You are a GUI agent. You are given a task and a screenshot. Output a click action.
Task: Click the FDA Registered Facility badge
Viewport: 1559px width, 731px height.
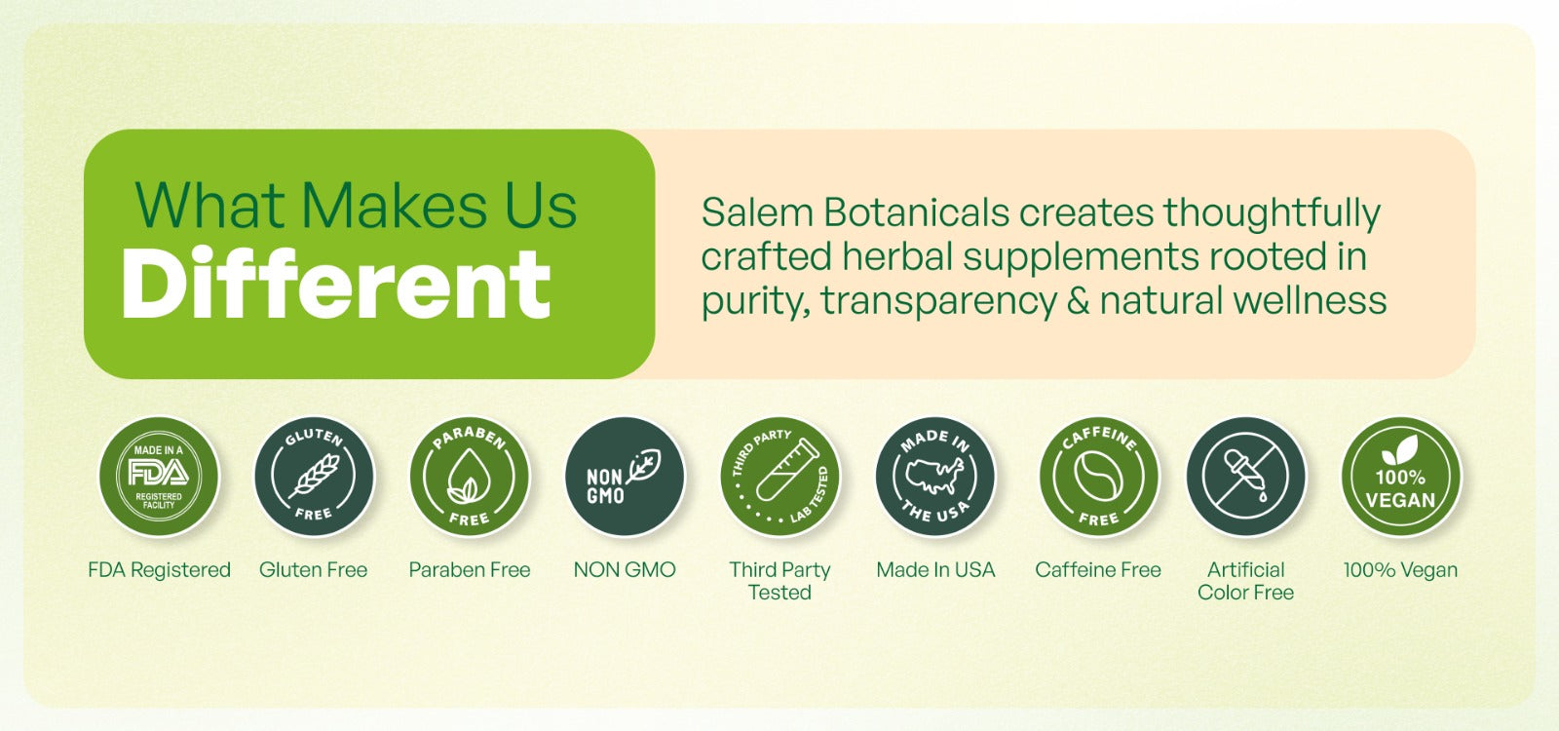coord(159,477)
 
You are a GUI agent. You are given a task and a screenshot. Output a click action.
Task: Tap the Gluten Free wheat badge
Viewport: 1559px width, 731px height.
coord(314,477)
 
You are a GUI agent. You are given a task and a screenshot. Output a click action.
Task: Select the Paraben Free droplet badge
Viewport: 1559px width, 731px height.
coord(469,477)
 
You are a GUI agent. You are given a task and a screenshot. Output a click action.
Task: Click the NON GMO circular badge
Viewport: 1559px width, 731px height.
coord(625,477)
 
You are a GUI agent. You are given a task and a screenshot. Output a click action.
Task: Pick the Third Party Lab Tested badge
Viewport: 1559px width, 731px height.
coord(779,477)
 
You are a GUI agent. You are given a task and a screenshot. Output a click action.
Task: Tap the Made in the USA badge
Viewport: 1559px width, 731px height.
coord(935,477)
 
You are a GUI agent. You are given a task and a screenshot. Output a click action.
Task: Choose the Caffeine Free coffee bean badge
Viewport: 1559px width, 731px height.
coord(1099,477)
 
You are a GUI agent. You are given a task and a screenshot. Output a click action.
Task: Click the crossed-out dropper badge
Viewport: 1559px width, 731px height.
coord(1246,477)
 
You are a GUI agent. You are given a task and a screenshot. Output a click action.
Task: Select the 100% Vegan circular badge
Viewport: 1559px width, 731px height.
coord(1401,477)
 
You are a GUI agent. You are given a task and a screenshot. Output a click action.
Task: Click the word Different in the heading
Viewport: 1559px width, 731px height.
coord(336,284)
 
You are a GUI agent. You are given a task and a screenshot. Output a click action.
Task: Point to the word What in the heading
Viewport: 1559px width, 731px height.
coord(209,206)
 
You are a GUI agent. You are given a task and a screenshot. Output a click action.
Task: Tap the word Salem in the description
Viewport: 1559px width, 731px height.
coord(757,212)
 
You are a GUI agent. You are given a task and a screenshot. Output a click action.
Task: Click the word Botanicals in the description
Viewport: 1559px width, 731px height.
coord(917,212)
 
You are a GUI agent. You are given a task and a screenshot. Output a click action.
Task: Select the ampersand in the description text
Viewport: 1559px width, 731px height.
coord(1078,301)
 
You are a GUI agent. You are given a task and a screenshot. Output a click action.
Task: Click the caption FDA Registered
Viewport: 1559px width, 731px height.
coord(160,569)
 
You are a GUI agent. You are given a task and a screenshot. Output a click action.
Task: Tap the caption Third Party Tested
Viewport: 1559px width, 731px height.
coord(779,581)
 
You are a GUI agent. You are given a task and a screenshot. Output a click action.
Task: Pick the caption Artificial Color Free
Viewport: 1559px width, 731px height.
coord(1246,581)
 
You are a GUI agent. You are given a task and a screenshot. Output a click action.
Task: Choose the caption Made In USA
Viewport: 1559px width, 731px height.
coord(935,569)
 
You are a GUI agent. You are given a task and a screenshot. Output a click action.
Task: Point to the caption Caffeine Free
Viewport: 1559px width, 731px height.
coord(1098,569)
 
